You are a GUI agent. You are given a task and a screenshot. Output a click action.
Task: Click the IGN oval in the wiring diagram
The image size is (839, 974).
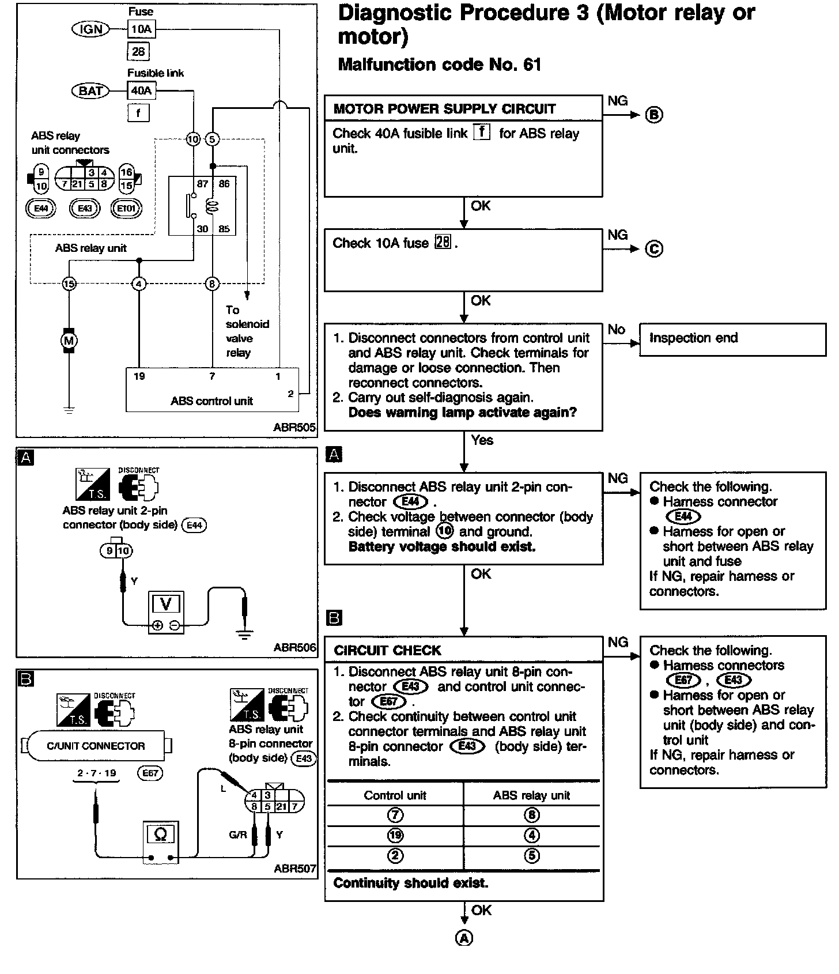(x=90, y=29)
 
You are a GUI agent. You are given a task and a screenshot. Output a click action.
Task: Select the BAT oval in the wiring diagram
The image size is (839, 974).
(x=90, y=90)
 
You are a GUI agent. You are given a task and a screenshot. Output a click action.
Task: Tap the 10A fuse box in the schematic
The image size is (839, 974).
(x=141, y=29)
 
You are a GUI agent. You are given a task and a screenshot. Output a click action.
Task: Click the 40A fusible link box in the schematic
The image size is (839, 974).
(x=141, y=90)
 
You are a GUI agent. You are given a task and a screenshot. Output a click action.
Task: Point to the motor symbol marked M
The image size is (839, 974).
(x=69, y=341)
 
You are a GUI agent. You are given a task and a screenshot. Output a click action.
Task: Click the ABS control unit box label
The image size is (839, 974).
(x=211, y=401)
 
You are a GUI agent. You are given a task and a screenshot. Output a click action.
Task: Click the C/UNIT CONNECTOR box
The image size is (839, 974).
(x=96, y=746)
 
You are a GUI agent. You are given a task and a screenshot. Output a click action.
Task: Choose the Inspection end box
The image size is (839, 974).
(x=732, y=338)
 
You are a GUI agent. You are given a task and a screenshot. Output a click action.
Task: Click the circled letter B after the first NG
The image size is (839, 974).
(x=654, y=115)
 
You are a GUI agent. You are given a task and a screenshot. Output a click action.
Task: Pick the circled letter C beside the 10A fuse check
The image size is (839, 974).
(x=654, y=249)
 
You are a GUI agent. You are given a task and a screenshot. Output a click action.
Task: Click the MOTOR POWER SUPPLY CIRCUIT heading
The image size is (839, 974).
(x=444, y=109)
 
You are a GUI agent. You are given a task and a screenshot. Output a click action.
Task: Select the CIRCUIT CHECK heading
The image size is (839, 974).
(x=387, y=651)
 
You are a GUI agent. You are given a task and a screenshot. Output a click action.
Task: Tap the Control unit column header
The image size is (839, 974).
(x=395, y=796)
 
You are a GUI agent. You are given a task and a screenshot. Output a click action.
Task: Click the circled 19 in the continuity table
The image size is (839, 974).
(x=395, y=836)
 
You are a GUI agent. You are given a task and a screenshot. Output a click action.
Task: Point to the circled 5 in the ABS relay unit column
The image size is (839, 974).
(x=532, y=856)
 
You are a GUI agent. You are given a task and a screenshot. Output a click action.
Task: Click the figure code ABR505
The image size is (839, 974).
(x=294, y=428)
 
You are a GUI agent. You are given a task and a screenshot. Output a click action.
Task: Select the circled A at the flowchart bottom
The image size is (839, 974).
(x=464, y=939)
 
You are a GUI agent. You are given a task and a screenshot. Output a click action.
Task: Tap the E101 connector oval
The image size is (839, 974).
(x=126, y=208)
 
